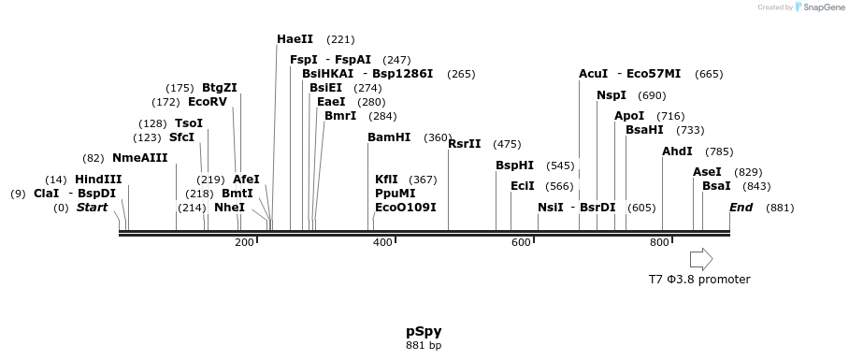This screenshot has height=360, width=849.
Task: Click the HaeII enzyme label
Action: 295,39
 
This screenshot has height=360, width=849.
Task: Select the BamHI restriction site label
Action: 389,137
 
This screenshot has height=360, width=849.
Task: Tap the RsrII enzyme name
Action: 465,144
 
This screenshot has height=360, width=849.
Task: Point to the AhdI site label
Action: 677,151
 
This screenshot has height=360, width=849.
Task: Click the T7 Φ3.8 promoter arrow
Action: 701,259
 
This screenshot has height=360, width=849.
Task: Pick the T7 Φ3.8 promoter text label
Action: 699,279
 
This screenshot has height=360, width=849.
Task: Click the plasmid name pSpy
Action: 424,331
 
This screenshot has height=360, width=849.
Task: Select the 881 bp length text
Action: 424,345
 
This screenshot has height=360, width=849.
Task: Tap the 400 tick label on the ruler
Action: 382,243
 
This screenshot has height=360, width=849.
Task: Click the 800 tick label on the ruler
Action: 659,243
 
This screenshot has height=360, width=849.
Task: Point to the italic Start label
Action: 93,208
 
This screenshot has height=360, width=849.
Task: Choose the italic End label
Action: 741,208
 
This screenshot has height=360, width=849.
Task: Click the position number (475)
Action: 507,144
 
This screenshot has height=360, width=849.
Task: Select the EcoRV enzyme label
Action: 208,102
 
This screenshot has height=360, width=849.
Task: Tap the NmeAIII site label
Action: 139,158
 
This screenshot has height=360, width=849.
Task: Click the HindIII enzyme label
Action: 98,180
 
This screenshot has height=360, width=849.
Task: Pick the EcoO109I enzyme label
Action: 405,208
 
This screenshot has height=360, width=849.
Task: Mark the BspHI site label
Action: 514,166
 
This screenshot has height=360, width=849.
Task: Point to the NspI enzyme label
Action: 612,95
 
